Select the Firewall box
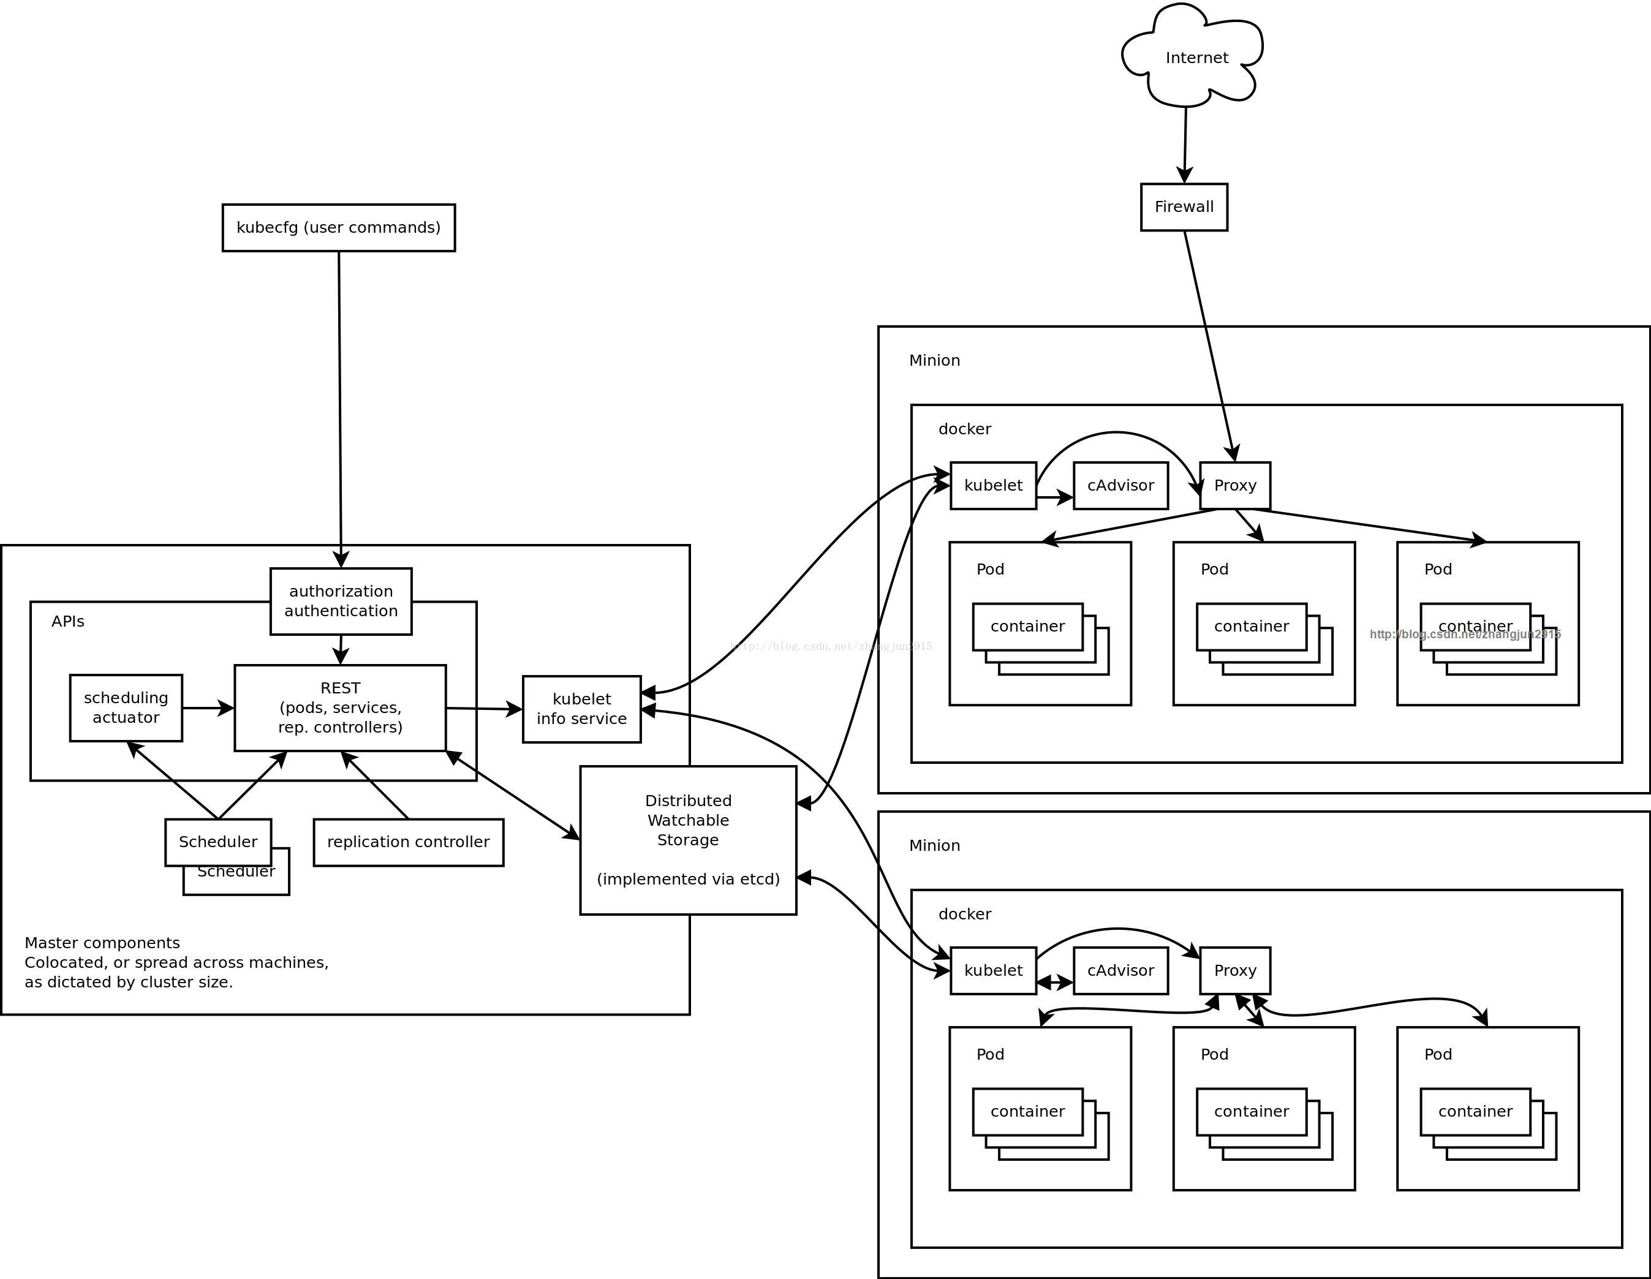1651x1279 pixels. tap(1184, 207)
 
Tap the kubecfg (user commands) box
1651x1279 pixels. tap(339, 227)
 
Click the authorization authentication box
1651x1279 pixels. tap(341, 602)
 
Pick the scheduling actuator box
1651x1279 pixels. tap(126, 708)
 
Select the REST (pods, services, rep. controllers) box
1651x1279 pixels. tap(340, 708)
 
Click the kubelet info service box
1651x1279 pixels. tap(581, 709)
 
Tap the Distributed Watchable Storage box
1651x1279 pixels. tap(688, 840)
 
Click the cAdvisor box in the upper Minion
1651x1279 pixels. tap(1120, 486)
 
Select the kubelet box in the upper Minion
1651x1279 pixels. tap(992, 486)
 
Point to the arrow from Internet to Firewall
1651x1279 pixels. tap(1185, 143)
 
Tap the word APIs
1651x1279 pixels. tap(68, 621)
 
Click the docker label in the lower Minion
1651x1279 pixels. tap(965, 914)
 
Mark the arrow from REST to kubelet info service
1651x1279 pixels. tap(484, 709)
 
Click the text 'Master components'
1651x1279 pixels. tap(102, 943)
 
